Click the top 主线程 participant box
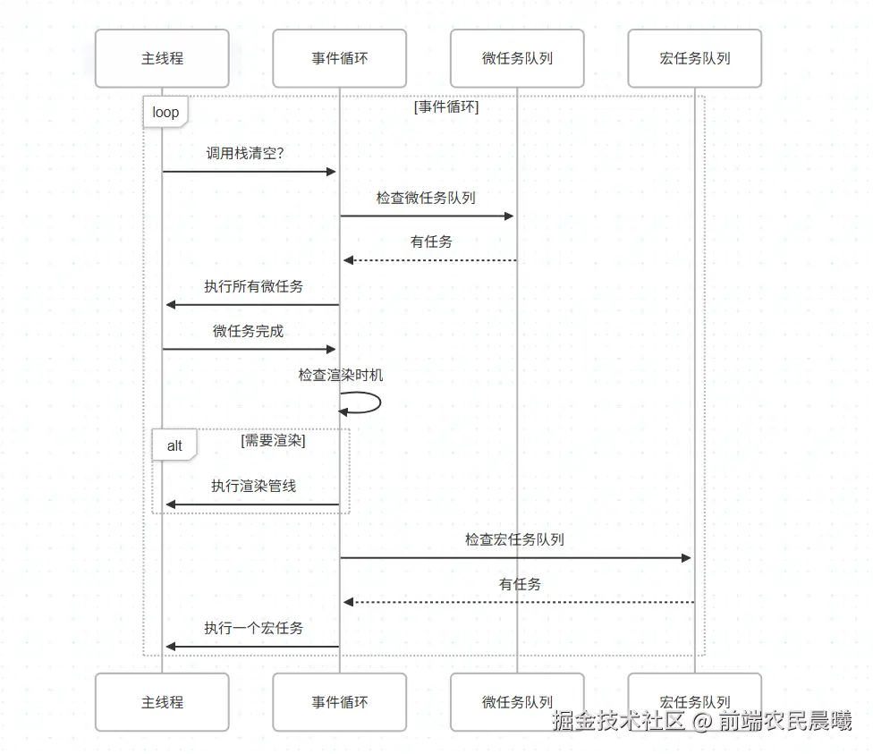pos(162,58)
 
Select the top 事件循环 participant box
pos(339,58)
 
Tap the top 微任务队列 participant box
pos(517,58)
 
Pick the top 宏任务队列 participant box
pos(694,58)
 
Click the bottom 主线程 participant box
pos(162,702)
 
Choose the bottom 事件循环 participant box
pos(339,702)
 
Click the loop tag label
pos(165,113)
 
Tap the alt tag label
pos(174,445)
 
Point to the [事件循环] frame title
pos(446,107)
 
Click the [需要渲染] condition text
pos(274,440)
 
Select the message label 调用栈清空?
pos(245,153)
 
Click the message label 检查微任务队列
pos(426,198)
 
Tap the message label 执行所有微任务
pos(253,286)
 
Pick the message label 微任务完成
pos(248,331)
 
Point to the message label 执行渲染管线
pos(253,486)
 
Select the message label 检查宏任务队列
pos(514,539)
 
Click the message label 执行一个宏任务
pos(253,628)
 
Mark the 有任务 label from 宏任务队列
pos(520,584)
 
